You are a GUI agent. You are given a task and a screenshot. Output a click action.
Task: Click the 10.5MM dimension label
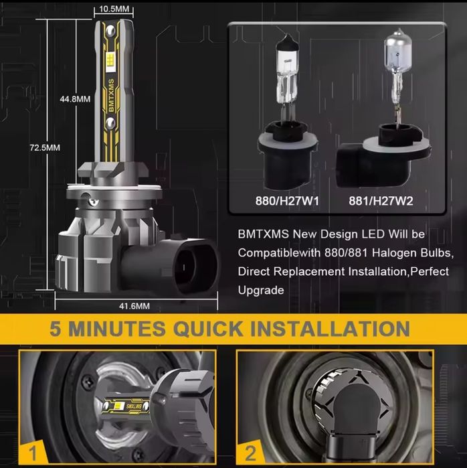click(x=114, y=9)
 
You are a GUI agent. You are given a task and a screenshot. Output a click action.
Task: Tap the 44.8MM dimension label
click(x=75, y=99)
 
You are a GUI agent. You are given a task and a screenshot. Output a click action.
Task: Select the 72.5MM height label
click(x=45, y=147)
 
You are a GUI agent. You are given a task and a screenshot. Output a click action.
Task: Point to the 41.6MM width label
click(x=134, y=306)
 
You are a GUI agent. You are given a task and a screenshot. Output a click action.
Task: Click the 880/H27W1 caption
click(x=287, y=201)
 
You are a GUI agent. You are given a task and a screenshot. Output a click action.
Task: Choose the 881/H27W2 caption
click(x=381, y=201)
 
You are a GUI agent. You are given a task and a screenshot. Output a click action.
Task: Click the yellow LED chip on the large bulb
click(x=111, y=61)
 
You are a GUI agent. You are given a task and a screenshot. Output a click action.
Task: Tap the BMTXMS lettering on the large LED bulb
click(x=111, y=96)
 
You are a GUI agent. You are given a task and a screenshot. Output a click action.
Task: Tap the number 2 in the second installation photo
click(x=250, y=453)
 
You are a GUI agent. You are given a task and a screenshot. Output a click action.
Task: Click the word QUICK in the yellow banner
click(x=208, y=329)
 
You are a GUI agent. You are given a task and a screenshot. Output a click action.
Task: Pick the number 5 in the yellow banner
click(x=56, y=329)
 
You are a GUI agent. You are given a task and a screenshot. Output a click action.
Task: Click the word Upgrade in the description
click(x=261, y=291)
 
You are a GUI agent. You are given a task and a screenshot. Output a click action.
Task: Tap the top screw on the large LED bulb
click(x=110, y=30)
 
